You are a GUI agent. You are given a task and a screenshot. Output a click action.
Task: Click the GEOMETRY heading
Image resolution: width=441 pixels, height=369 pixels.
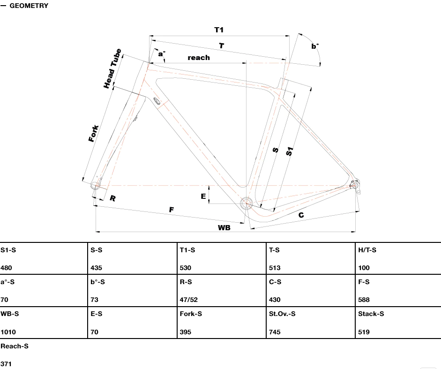click(x=29, y=6)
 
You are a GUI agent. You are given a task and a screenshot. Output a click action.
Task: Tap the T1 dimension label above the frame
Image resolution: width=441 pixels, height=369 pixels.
click(x=219, y=30)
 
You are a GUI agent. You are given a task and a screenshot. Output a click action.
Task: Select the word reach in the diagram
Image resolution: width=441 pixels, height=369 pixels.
click(x=199, y=58)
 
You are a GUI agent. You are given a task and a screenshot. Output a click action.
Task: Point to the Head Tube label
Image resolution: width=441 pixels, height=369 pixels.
click(x=112, y=68)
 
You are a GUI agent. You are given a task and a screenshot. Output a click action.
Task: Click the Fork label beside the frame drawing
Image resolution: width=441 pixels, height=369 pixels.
click(x=94, y=134)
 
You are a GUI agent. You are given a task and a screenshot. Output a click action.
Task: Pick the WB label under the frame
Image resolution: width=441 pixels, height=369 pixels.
click(x=224, y=227)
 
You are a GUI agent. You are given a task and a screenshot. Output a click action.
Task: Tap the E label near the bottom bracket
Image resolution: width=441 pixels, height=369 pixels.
click(x=203, y=196)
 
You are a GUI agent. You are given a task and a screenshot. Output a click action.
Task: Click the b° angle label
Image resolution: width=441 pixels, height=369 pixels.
click(x=315, y=46)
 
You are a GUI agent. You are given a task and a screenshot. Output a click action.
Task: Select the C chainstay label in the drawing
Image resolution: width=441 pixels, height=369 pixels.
click(x=301, y=215)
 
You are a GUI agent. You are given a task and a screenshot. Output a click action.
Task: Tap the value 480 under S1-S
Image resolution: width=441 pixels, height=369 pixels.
click(x=7, y=268)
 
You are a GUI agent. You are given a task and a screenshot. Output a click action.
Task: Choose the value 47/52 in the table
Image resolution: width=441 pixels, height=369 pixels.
click(x=189, y=300)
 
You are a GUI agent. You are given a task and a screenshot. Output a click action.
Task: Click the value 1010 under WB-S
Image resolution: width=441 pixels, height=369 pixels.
click(x=8, y=332)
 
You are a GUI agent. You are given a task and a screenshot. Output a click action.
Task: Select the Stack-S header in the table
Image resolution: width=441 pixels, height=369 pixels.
click(x=371, y=314)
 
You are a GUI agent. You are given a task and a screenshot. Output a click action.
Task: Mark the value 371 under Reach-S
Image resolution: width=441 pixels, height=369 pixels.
click(x=6, y=364)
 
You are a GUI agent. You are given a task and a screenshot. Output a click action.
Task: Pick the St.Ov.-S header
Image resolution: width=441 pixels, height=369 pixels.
click(x=282, y=314)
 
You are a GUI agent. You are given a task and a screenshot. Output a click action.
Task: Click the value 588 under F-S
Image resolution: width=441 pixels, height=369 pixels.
click(x=364, y=300)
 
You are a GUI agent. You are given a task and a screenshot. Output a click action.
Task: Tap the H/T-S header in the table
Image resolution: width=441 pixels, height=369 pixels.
click(x=367, y=250)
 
